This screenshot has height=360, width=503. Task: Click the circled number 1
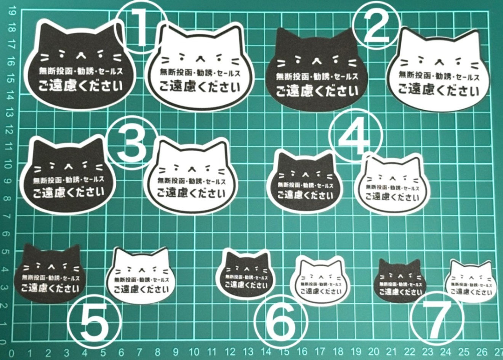[141, 27]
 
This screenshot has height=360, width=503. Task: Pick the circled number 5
[95, 321]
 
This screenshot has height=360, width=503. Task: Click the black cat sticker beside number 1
[80, 65]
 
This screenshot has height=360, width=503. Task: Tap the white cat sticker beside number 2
[439, 71]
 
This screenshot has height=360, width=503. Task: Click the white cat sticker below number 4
[392, 185]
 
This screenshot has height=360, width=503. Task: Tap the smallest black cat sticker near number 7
[400, 281]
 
